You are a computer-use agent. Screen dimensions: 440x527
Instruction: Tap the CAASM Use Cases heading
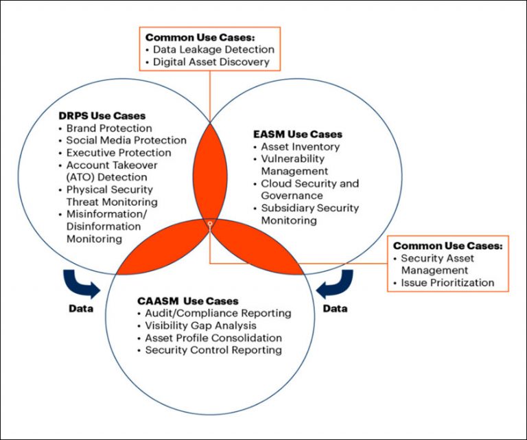tap(187, 301)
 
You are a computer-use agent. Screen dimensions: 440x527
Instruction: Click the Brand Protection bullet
tap(109, 128)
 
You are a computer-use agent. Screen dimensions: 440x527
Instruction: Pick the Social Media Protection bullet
tap(126, 140)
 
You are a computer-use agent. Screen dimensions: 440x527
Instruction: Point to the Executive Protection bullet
tap(119, 152)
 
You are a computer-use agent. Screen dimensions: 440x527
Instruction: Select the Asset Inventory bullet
tap(300, 147)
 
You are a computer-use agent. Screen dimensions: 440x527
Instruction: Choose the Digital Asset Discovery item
tap(212, 62)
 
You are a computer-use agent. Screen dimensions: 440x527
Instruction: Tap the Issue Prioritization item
tap(447, 283)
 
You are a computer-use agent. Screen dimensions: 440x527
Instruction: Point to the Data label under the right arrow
tap(336, 309)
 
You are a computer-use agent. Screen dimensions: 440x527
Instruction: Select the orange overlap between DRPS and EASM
tap(210, 172)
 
